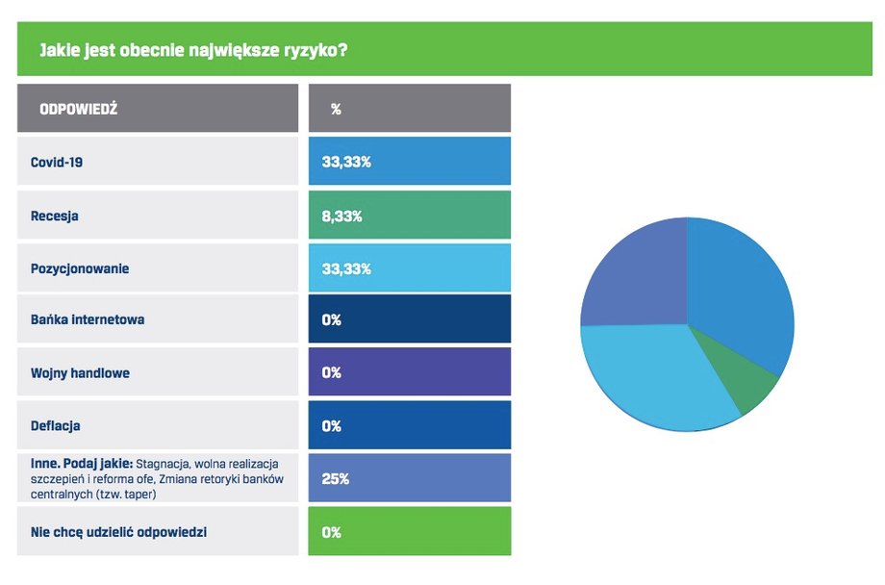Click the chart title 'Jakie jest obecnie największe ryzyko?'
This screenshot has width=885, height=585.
pyautogui.click(x=193, y=50)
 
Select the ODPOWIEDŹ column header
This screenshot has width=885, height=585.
pyautogui.click(x=79, y=109)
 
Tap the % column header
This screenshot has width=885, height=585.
pyautogui.click(x=336, y=109)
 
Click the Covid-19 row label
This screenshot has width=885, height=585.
pyautogui.click(x=57, y=162)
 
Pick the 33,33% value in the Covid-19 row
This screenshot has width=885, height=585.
pyautogui.click(x=346, y=162)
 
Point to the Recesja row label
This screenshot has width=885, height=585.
pyautogui.click(x=54, y=216)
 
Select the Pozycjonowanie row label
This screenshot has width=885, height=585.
pyautogui.click(x=80, y=268)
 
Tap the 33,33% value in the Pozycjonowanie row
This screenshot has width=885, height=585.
pyautogui.click(x=346, y=268)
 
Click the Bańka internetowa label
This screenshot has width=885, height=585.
pyautogui.click(x=88, y=319)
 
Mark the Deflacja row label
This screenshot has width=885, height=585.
pyautogui.click(x=56, y=426)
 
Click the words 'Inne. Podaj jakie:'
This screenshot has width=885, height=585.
pyautogui.click(x=82, y=464)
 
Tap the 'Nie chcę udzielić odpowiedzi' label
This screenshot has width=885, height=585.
pyautogui.click(x=118, y=532)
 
